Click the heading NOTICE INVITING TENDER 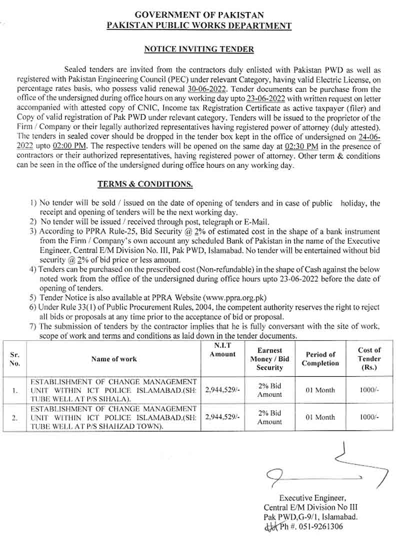tap(199, 49)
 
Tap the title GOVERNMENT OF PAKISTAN tap(199, 15)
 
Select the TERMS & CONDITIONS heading tap(145, 184)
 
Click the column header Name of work tap(113, 359)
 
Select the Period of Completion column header tap(320, 359)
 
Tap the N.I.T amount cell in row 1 tap(222, 390)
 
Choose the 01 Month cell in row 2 tap(320, 417)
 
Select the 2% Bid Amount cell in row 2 tap(269, 417)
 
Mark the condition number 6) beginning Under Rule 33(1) tap(32, 306)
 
